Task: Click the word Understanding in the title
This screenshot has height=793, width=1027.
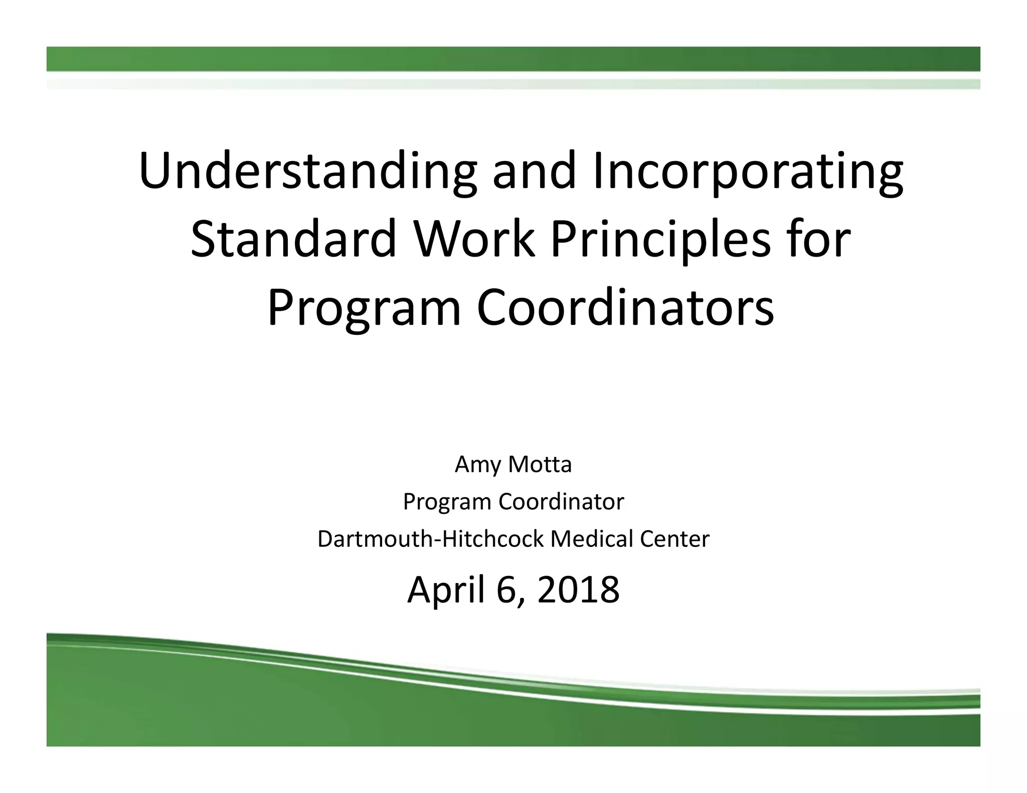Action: pyautogui.click(x=307, y=171)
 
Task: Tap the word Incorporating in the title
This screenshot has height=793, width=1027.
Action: pyautogui.click(x=748, y=171)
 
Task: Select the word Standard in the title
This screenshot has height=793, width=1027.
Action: pyautogui.click(x=294, y=239)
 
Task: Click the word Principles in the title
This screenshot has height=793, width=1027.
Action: pyautogui.click(x=660, y=239)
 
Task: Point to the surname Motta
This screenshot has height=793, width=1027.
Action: pyautogui.click(x=540, y=464)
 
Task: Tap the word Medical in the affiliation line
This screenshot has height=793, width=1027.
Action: pyautogui.click(x=585, y=539)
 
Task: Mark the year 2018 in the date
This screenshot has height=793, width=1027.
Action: pyautogui.click(x=578, y=590)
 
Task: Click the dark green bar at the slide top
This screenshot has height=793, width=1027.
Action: pyautogui.click(x=513, y=59)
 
